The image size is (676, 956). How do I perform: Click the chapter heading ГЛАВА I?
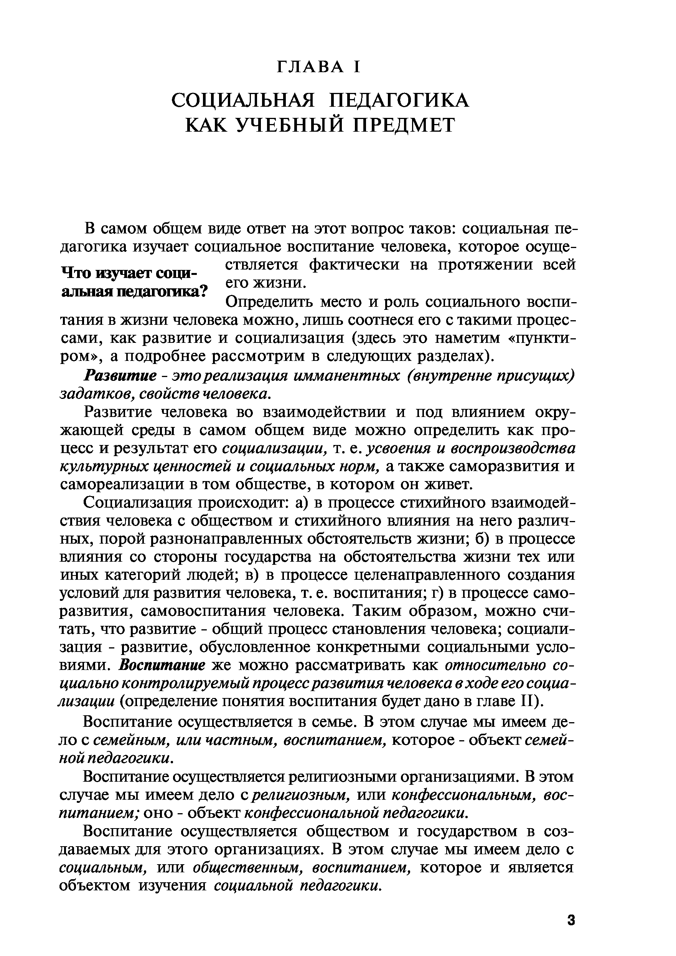(318, 67)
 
